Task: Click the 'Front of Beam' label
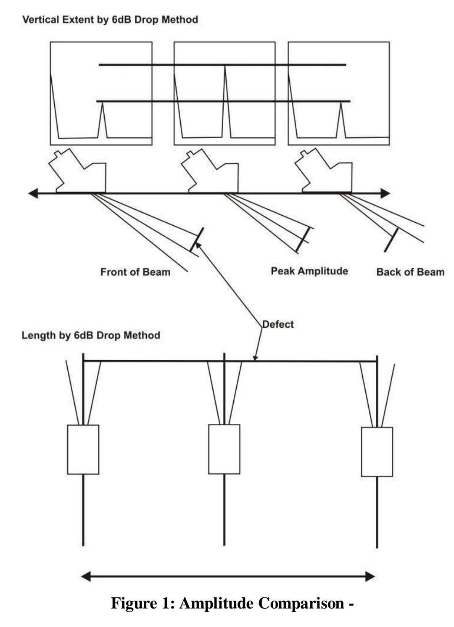(x=135, y=272)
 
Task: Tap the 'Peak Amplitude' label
(x=309, y=271)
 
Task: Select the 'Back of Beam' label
(x=410, y=272)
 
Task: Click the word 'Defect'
(x=278, y=324)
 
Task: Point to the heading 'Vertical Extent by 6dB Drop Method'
(x=110, y=20)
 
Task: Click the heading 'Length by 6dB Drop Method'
(x=91, y=335)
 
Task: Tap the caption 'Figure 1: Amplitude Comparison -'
(x=232, y=603)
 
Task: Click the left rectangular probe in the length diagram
(x=83, y=449)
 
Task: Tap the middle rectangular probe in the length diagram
(x=224, y=449)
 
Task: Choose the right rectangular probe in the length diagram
(x=377, y=452)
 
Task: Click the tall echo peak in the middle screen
(x=225, y=84)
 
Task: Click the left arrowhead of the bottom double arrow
(x=86, y=576)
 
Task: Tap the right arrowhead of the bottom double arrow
(x=370, y=576)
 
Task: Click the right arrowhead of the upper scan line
(x=385, y=193)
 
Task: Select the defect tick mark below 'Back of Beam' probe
(x=391, y=240)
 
